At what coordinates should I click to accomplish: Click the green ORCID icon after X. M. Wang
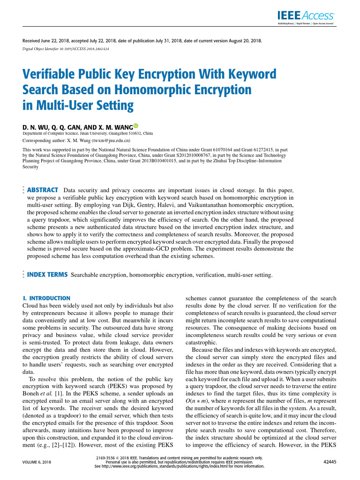[136, 126]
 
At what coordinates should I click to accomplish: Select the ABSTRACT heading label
[43, 190]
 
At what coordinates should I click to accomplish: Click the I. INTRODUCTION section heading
[46, 298]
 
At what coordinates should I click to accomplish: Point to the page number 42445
[330, 462]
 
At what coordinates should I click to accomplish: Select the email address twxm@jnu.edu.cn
[111, 140]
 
